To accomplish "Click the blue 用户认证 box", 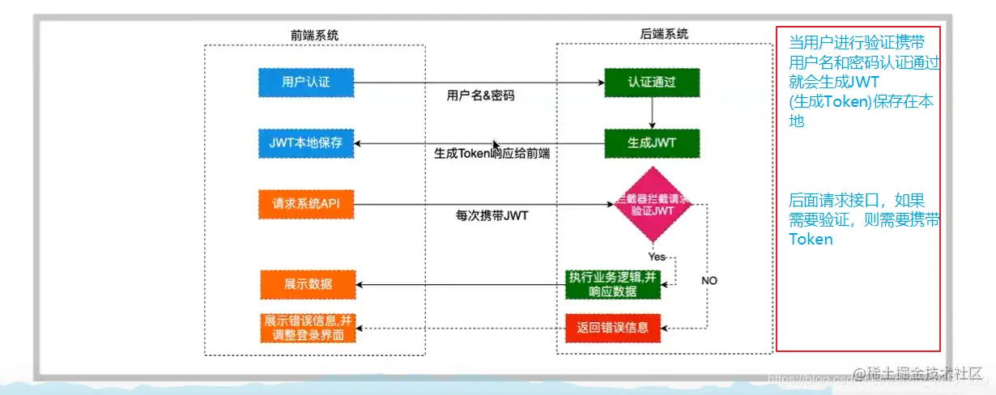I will (x=306, y=81).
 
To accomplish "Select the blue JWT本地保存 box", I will (x=306, y=143).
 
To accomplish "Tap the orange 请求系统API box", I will (x=306, y=204).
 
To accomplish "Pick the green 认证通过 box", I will (x=651, y=82).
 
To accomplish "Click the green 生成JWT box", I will (x=651, y=142).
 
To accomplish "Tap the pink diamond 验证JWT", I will (x=652, y=205).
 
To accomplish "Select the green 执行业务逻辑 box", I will (x=613, y=284).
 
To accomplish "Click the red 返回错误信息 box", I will (x=613, y=327).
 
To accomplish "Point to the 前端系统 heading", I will (x=314, y=35).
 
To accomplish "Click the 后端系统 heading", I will (x=664, y=34).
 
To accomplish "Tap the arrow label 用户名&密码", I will (x=480, y=96).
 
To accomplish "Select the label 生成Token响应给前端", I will (x=492, y=154).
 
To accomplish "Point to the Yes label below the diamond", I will (x=656, y=257).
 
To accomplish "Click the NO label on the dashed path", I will (x=709, y=281).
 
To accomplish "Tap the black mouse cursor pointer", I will (x=496, y=145).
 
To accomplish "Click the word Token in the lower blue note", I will (x=811, y=240).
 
